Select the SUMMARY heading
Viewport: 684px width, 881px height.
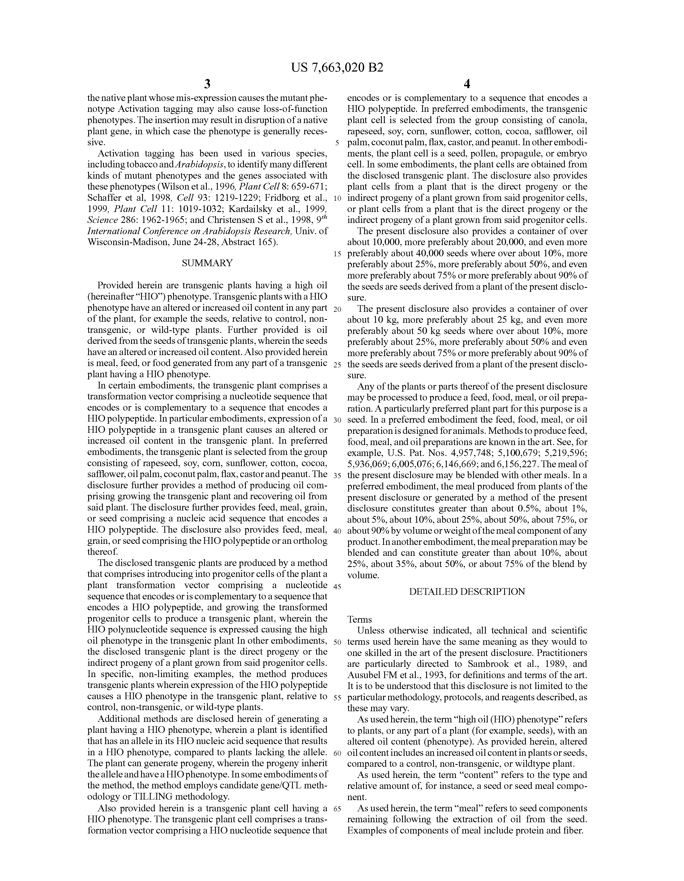tap(207, 263)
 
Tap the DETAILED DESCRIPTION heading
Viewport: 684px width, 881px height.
tap(467, 592)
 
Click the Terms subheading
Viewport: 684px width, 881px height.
tap(360, 620)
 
